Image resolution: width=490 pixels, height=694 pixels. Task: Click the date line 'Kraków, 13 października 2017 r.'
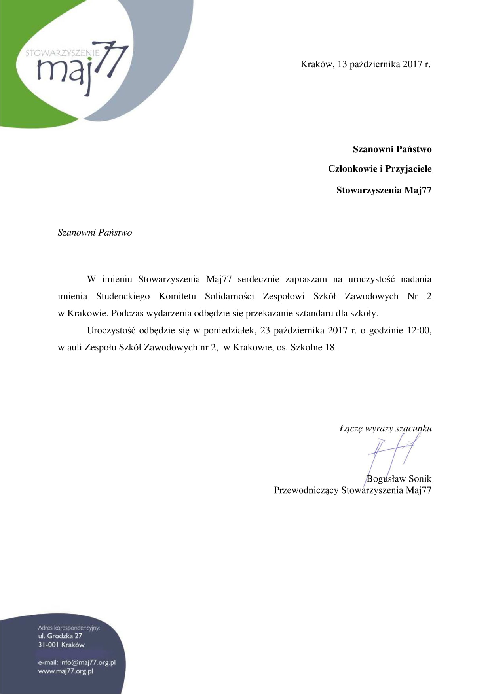pos(365,64)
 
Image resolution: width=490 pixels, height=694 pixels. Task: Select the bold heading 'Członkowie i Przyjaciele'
pos(380,169)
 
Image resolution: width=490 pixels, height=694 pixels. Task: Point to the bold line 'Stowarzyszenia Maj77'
pos(384,190)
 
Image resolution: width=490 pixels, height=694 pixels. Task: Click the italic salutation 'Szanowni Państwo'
pos(95,233)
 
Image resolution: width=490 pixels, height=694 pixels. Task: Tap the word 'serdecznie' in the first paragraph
pos(258,279)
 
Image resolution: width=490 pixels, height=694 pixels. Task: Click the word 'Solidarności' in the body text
pos(229,296)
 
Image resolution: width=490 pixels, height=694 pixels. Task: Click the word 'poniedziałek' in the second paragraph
pos(229,330)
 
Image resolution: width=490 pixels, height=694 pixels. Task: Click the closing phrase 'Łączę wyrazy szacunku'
pos(385,428)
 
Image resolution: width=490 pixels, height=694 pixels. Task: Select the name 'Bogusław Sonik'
pos(399,479)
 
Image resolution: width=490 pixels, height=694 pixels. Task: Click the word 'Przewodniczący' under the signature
pos(306,490)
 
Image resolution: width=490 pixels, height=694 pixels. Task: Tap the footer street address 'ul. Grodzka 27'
pos(60,636)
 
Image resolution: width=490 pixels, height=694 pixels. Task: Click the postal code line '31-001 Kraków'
pos(61,645)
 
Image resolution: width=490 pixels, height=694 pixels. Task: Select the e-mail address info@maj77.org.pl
pos(87,662)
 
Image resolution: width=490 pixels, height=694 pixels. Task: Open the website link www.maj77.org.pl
pos(65,671)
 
